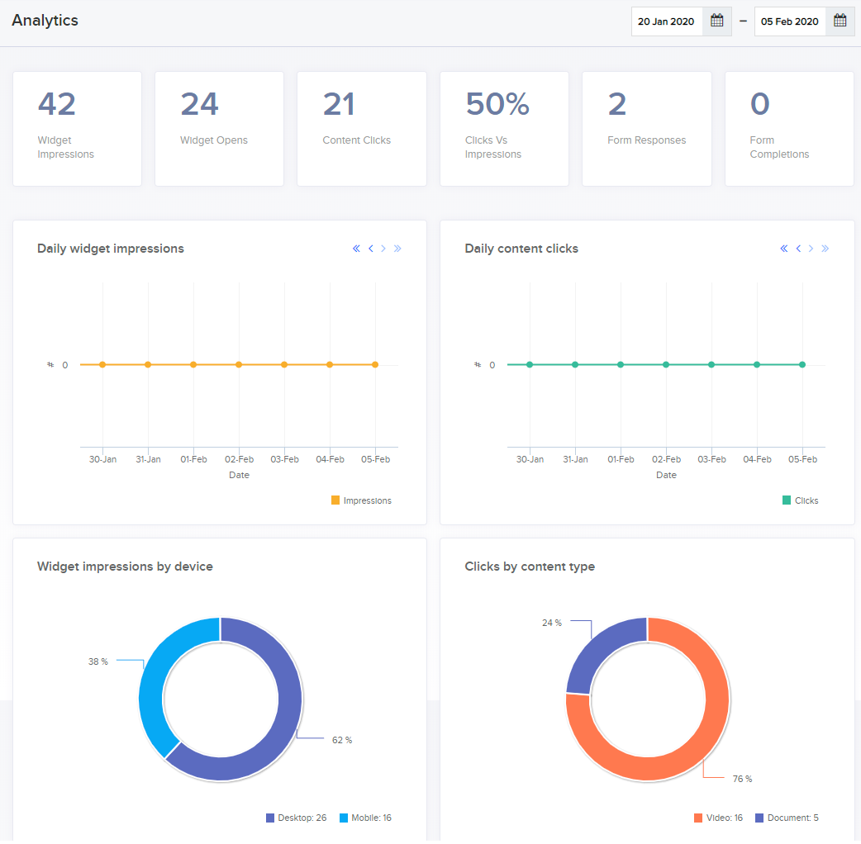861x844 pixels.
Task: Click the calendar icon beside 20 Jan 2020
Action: (x=716, y=21)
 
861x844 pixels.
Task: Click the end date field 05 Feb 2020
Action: (x=790, y=21)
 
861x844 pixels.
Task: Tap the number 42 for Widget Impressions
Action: (x=56, y=104)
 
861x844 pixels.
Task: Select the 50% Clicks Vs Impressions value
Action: (x=497, y=104)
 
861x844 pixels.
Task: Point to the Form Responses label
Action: (x=646, y=140)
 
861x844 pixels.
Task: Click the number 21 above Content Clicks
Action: (x=339, y=104)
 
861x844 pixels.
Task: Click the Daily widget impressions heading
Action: (x=111, y=249)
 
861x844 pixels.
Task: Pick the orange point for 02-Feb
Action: (x=239, y=364)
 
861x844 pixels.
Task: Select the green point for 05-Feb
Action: (x=802, y=364)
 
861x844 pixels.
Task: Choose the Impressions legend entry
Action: (x=361, y=500)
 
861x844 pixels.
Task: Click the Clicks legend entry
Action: (x=800, y=500)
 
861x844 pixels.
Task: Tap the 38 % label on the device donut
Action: (x=98, y=661)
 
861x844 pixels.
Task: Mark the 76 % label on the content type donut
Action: (x=742, y=779)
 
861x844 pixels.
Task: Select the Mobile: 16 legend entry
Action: (x=366, y=818)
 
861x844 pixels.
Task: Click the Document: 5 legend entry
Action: (x=787, y=818)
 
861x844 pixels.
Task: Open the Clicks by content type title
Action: (x=530, y=567)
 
